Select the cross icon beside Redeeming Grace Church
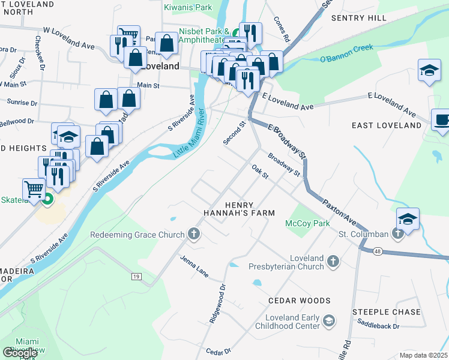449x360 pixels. (x=193, y=234)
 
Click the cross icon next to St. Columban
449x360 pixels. (x=397, y=233)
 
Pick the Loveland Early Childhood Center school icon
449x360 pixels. (x=328, y=322)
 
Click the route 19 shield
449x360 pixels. (x=137, y=276)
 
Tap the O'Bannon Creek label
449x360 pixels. (x=346, y=53)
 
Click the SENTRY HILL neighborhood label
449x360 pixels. (x=359, y=18)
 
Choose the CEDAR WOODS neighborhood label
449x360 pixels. (x=300, y=300)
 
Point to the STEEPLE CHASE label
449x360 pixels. (x=386, y=312)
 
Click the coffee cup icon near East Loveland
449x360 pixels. (x=442, y=119)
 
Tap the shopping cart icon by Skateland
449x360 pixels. (x=34, y=189)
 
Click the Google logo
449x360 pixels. (x=19, y=353)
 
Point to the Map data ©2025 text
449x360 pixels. (x=423, y=355)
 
